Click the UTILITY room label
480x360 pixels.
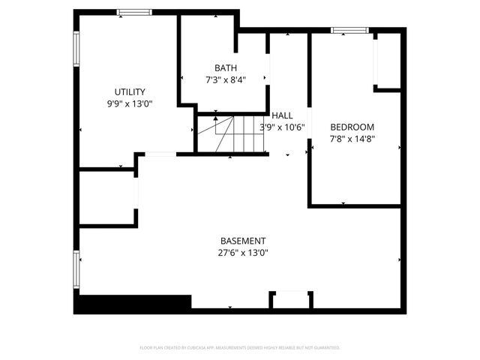[130, 92]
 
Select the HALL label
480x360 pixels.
[283, 115]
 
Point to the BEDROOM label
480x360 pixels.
[352, 127]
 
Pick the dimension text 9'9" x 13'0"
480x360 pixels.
[130, 104]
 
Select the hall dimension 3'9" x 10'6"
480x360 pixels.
[282, 127]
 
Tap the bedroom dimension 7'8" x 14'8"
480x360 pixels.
[352, 139]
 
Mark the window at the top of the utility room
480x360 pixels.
[134, 12]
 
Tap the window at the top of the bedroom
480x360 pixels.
[350, 31]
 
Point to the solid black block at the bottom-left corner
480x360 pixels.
[132, 304]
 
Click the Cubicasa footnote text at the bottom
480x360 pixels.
[240, 348]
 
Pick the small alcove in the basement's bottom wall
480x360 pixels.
[290, 300]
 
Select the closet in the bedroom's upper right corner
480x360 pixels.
[387, 60]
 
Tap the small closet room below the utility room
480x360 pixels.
[107, 198]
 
